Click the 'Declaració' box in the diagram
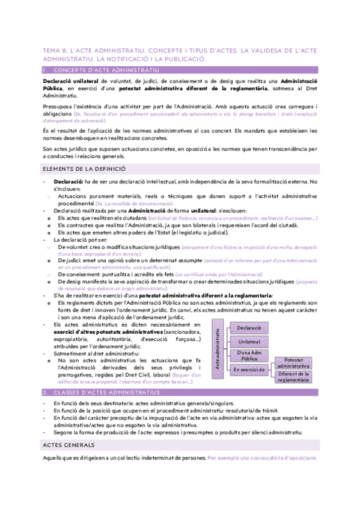248,329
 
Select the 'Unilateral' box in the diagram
248,342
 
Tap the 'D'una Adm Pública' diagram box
248,355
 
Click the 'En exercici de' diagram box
248,369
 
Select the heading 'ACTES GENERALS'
68,444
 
